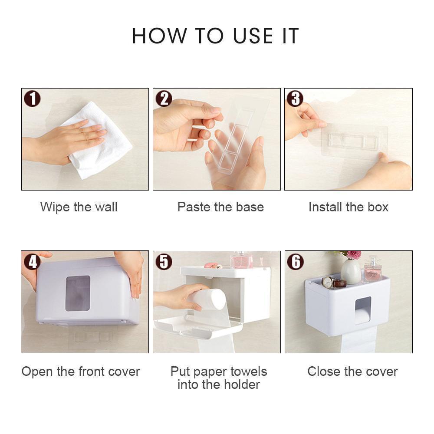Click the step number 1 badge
click(32, 99)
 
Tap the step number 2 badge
click(164, 99)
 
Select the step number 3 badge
click(295, 99)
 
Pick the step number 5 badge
click(164, 261)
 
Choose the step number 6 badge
click(295, 261)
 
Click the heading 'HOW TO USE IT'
click(216, 36)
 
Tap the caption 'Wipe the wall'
click(79, 207)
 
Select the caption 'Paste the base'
click(220, 207)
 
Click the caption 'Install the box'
click(349, 207)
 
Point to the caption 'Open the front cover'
click(81, 372)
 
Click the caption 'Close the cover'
click(352, 372)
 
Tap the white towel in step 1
click(102, 143)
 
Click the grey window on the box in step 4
click(78, 293)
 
